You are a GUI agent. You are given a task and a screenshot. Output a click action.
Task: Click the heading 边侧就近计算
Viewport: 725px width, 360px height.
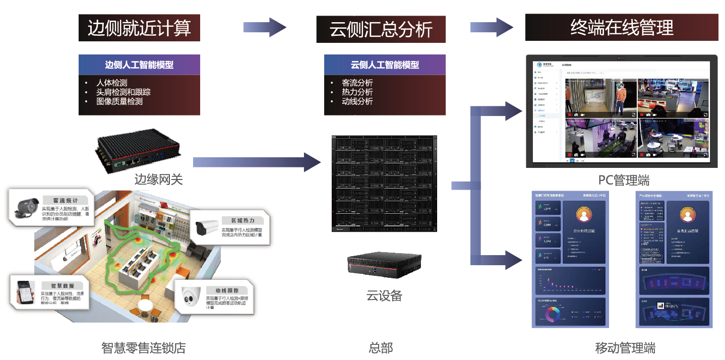(x=139, y=28)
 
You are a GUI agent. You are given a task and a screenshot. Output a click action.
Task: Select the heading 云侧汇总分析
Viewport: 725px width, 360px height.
(x=381, y=29)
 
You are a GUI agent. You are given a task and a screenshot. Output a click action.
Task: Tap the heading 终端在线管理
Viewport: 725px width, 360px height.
(x=621, y=27)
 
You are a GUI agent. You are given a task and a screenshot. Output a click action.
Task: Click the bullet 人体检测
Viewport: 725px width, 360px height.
(x=111, y=83)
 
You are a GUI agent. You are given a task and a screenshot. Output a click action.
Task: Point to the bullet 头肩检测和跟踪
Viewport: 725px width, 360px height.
(x=123, y=92)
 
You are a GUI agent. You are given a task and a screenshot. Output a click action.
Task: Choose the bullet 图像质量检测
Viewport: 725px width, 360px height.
(x=119, y=101)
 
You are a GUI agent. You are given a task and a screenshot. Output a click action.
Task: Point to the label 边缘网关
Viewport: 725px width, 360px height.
(x=158, y=179)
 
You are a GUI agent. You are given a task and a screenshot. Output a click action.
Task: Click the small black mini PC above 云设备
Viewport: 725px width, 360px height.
(x=384, y=264)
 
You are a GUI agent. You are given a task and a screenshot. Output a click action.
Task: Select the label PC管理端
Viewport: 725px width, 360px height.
(x=624, y=180)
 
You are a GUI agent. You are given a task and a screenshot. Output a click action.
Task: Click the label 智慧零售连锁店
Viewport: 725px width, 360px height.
(x=144, y=348)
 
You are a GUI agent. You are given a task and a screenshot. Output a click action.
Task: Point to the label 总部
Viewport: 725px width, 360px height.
(x=381, y=348)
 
